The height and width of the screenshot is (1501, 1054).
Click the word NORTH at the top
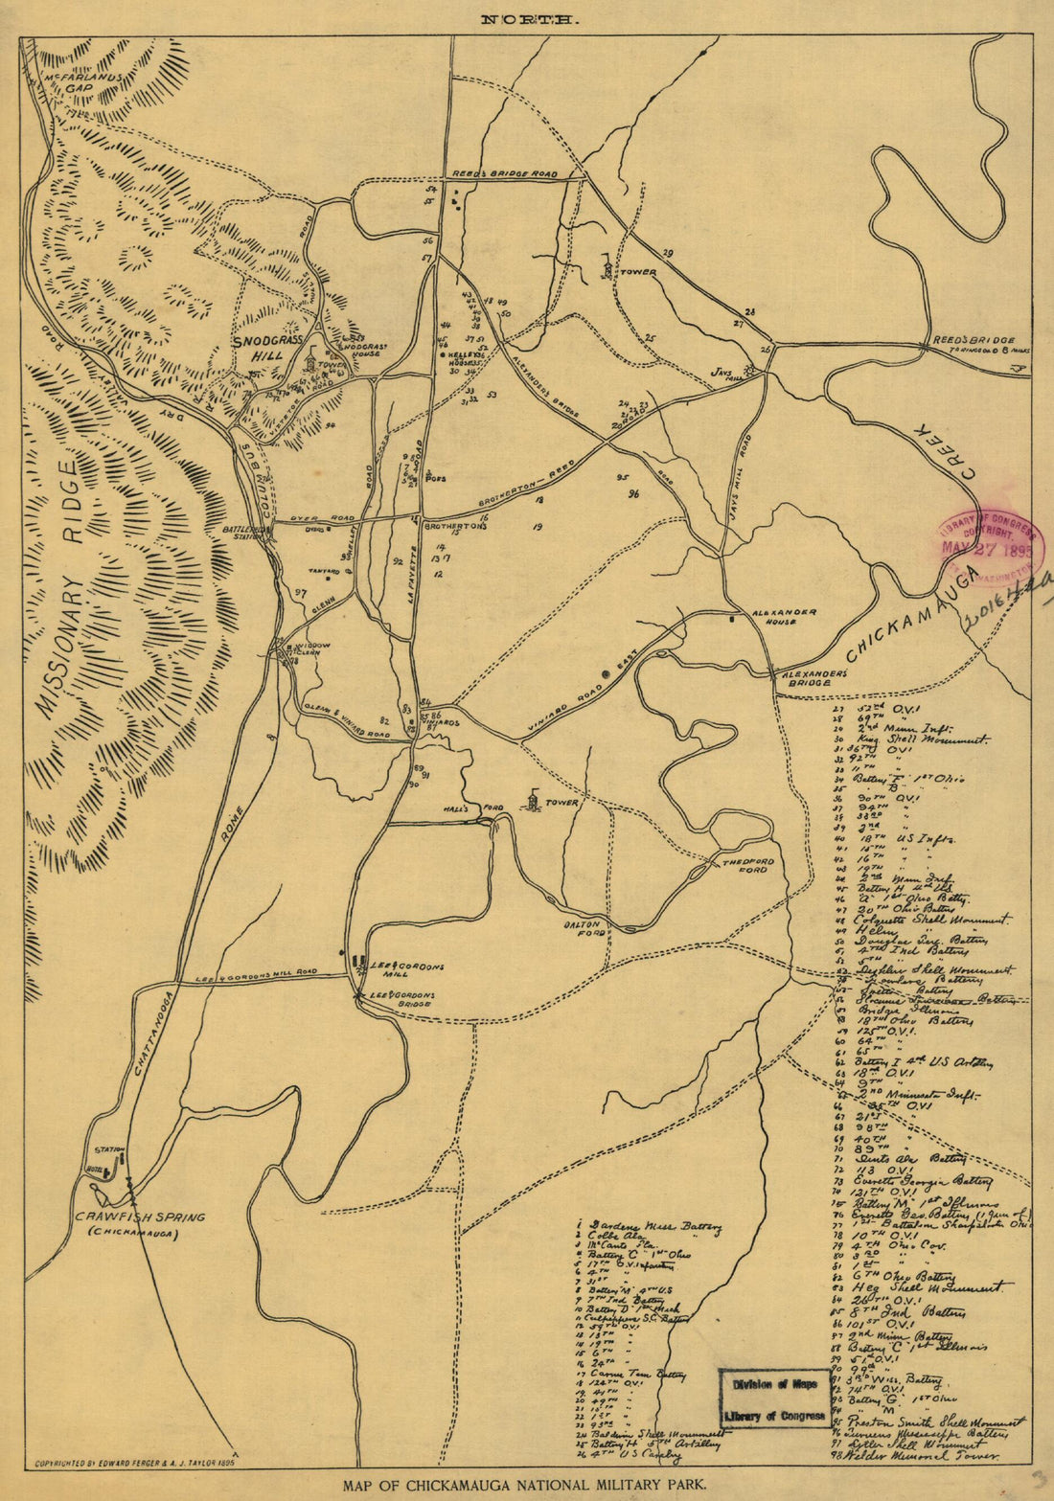[530, 18]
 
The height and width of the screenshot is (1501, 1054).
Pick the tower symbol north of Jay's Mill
[607, 265]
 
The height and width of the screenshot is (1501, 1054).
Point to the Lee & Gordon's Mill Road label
[255, 975]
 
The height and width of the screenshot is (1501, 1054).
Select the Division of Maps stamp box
[775, 1399]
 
